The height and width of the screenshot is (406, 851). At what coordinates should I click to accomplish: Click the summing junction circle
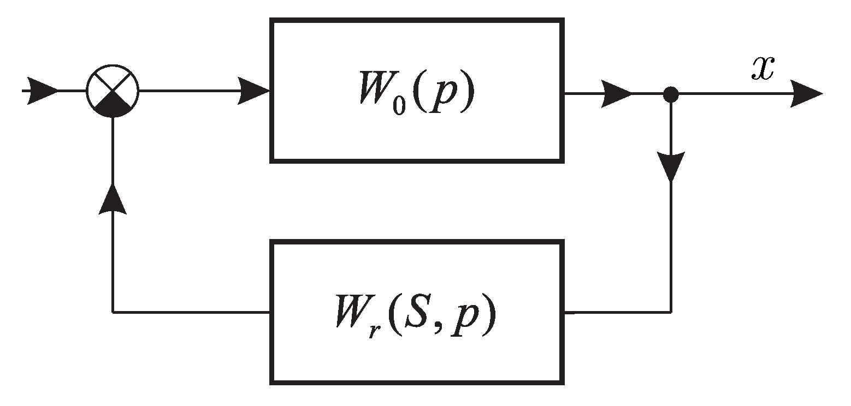pyautogui.click(x=113, y=91)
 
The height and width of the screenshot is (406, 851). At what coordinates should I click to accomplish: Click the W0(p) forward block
pyautogui.click(x=416, y=90)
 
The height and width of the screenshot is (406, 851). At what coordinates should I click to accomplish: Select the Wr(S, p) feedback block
pyautogui.click(x=416, y=313)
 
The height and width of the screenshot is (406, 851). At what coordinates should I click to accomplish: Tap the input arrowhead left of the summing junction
pyautogui.click(x=42, y=90)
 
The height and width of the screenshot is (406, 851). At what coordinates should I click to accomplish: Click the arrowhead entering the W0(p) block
pyautogui.click(x=254, y=91)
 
